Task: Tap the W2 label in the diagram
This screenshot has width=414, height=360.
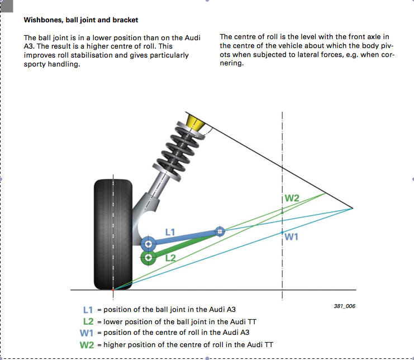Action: (292, 198)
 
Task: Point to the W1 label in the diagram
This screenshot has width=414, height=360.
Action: (292, 236)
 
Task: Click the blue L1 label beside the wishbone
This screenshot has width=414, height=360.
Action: (171, 231)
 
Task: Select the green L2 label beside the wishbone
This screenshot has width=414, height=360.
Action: (170, 257)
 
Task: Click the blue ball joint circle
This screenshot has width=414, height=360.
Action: (148, 244)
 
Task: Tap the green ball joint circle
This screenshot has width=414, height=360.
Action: (148, 258)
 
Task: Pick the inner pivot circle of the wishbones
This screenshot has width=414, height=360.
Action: (220, 231)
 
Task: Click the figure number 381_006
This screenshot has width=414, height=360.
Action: (344, 307)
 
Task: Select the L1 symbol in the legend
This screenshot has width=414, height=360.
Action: (88, 310)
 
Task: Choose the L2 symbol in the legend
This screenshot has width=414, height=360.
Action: (88, 321)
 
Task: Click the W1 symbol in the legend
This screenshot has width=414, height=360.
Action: (87, 333)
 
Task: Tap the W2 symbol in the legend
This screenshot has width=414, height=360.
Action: (87, 345)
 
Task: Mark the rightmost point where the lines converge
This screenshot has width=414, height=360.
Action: (353, 208)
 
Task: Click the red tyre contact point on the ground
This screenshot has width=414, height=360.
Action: (113, 290)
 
